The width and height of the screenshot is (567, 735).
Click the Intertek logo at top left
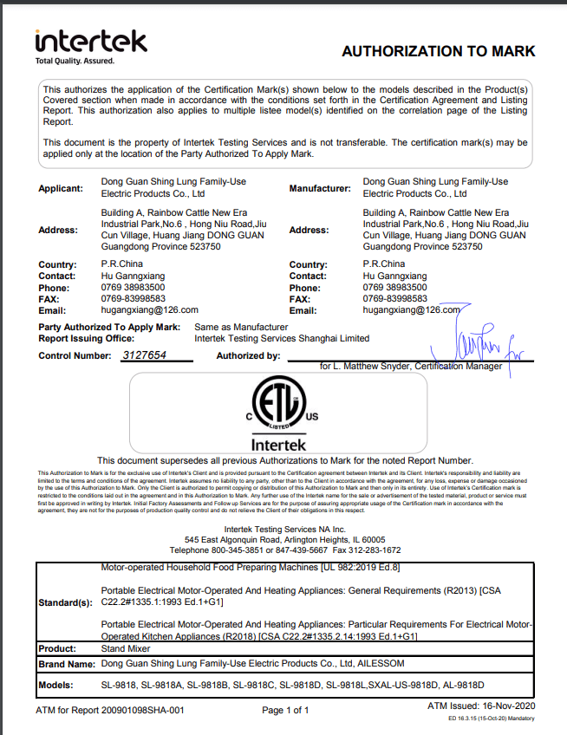coord(90,41)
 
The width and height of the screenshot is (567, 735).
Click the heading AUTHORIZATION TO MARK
coord(438,51)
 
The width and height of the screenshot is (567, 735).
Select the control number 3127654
coord(143,355)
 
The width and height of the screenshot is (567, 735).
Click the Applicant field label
coord(61,188)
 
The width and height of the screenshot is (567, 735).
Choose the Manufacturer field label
coord(320,188)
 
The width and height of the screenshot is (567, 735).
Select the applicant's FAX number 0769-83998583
coord(127,298)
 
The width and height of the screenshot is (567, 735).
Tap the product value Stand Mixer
coord(127,647)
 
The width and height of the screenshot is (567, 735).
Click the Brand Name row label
coord(67,663)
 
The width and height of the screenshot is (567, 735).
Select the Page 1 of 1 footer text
coord(285,711)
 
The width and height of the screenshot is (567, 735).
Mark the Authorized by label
coord(248,355)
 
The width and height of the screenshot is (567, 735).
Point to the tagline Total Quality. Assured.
coord(74,61)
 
